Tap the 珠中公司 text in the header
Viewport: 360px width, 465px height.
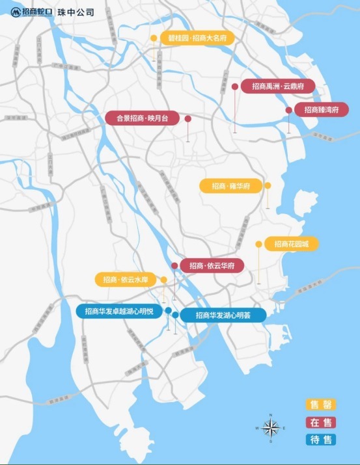coord(76,12)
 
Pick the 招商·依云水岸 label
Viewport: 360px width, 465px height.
coord(126,280)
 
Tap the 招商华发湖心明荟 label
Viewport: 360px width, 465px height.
coord(223,315)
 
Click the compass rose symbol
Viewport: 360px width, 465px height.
coord(273,427)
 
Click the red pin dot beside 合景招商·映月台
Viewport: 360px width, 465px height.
coord(187,119)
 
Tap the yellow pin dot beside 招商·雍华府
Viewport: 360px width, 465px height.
coord(268,186)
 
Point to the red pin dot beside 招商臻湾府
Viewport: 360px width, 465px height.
coord(289,110)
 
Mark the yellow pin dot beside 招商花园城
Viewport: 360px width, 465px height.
coord(259,245)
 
